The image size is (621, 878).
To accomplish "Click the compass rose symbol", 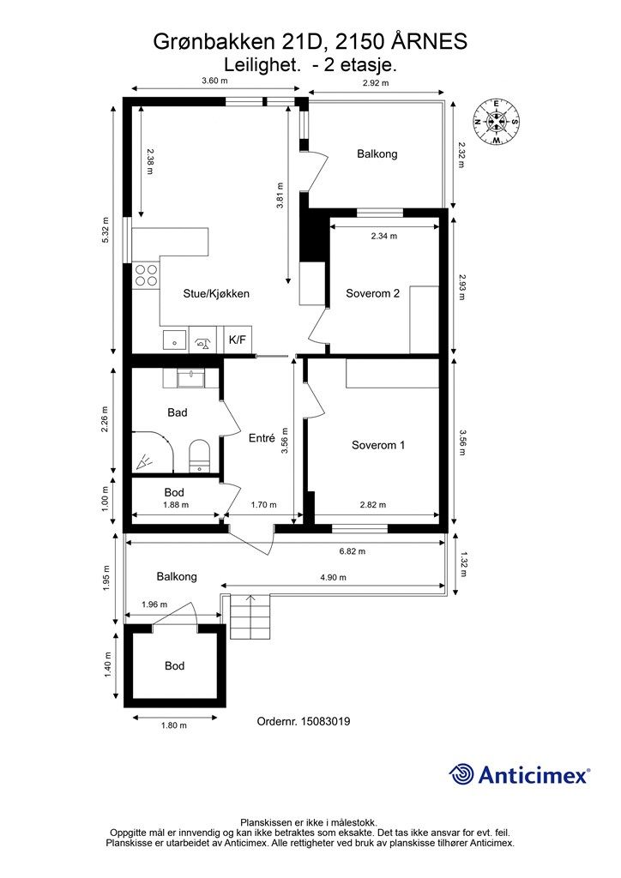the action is (496, 122).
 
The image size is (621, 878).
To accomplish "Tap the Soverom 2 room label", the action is (372, 293).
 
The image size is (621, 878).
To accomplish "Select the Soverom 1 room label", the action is (378, 445).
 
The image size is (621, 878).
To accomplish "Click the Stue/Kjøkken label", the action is (216, 293).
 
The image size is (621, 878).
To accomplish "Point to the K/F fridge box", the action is (238, 340).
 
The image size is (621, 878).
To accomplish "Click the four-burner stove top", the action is (146, 275).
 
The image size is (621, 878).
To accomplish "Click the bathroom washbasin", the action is (191, 378).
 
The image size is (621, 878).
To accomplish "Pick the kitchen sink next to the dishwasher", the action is (175, 340).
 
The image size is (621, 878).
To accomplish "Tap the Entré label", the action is (262, 439).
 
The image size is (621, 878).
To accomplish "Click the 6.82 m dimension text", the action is (353, 551).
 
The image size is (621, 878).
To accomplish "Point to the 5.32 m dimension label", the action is (106, 230).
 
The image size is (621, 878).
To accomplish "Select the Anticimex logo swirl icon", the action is (461, 774).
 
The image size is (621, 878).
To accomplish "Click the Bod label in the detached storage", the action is (174, 665).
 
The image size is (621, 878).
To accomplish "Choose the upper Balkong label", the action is (377, 153).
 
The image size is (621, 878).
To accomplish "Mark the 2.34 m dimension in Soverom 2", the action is (384, 236).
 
